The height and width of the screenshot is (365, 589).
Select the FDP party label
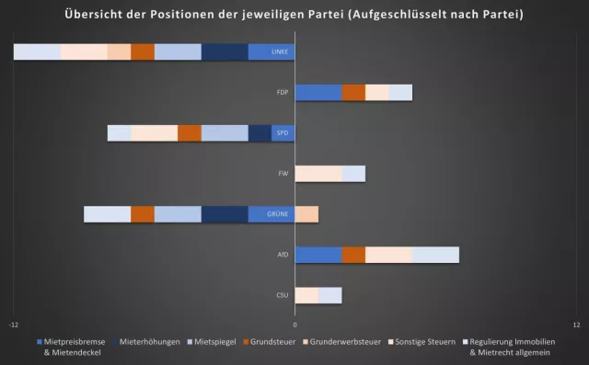coord(283,93)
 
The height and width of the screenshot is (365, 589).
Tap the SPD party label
coord(283,133)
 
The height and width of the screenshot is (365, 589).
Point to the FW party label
coord(283,174)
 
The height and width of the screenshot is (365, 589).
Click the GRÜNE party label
coord(279,214)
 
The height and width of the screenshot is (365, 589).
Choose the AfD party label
coord(283,255)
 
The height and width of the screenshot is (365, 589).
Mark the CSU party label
coord(283,295)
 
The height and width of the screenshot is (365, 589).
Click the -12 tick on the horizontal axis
coord(14,325)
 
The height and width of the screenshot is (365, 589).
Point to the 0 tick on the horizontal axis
coord(294,325)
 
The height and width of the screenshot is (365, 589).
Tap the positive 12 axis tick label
coord(576,325)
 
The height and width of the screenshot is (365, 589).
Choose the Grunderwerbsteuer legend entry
coord(341,342)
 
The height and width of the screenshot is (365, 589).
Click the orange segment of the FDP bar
coord(353,93)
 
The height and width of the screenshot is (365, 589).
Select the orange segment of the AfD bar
coord(353,255)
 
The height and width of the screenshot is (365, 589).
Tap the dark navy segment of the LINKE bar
coord(225,52)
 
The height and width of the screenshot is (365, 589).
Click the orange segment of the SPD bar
coord(190,133)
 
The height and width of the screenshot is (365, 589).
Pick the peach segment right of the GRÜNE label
coord(306,214)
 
